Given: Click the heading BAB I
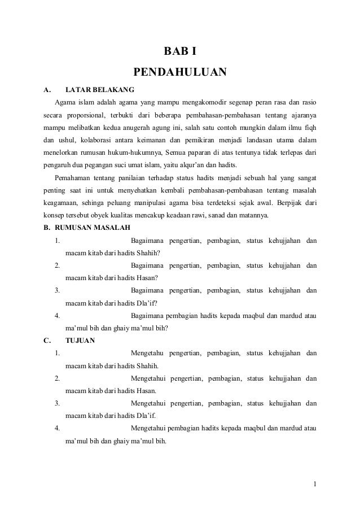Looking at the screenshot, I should point(179,53).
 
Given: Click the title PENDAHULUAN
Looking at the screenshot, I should point(179,72).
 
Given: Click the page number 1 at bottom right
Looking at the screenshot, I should point(315,483).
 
